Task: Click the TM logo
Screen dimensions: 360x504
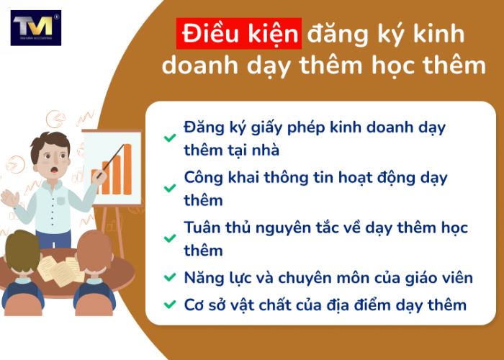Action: pyautogui.click(x=35, y=27)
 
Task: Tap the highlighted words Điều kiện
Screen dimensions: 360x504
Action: pyautogui.click(x=238, y=34)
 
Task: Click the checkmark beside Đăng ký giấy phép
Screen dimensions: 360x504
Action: pyautogui.click(x=169, y=138)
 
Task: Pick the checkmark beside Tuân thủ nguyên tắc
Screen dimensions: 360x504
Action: pyautogui.click(x=169, y=238)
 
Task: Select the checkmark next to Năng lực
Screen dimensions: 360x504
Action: pyautogui.click(x=169, y=276)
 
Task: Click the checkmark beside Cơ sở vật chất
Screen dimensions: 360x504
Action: pyautogui.click(x=169, y=305)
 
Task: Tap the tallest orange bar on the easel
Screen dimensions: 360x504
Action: pyautogui.click(x=127, y=168)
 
